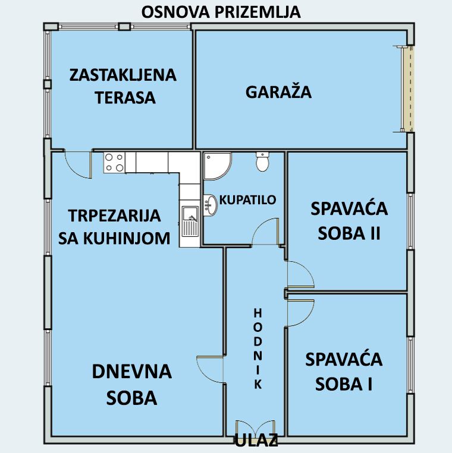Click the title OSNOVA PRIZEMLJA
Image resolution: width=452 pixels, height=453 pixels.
click(221, 12)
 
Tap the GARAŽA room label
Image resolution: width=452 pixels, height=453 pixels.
click(278, 91)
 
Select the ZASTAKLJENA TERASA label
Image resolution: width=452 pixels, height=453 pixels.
click(123, 86)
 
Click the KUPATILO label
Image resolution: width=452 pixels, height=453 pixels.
click(247, 199)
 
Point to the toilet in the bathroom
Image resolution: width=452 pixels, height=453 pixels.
click(262, 161)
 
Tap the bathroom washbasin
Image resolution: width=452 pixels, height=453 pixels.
click(210, 205)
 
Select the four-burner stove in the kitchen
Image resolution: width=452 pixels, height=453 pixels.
click(114, 163)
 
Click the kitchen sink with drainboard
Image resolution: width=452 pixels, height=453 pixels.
click(190, 221)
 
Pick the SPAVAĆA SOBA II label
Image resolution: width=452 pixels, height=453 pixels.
click(349, 221)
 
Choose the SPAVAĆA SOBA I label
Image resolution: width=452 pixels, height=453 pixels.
click(344, 372)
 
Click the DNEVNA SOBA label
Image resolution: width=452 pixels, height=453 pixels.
click(132, 385)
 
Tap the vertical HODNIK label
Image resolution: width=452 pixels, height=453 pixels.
click(258, 349)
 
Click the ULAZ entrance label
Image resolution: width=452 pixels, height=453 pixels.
click(256, 441)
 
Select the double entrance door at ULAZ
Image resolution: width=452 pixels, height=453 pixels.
click(255, 428)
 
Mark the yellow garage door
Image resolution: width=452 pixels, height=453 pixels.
click(409, 88)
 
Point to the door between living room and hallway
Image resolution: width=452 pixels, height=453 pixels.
click(211, 370)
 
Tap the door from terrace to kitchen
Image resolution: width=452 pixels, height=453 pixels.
click(78, 164)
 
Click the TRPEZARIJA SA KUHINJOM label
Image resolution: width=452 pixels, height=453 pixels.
click(114, 227)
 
